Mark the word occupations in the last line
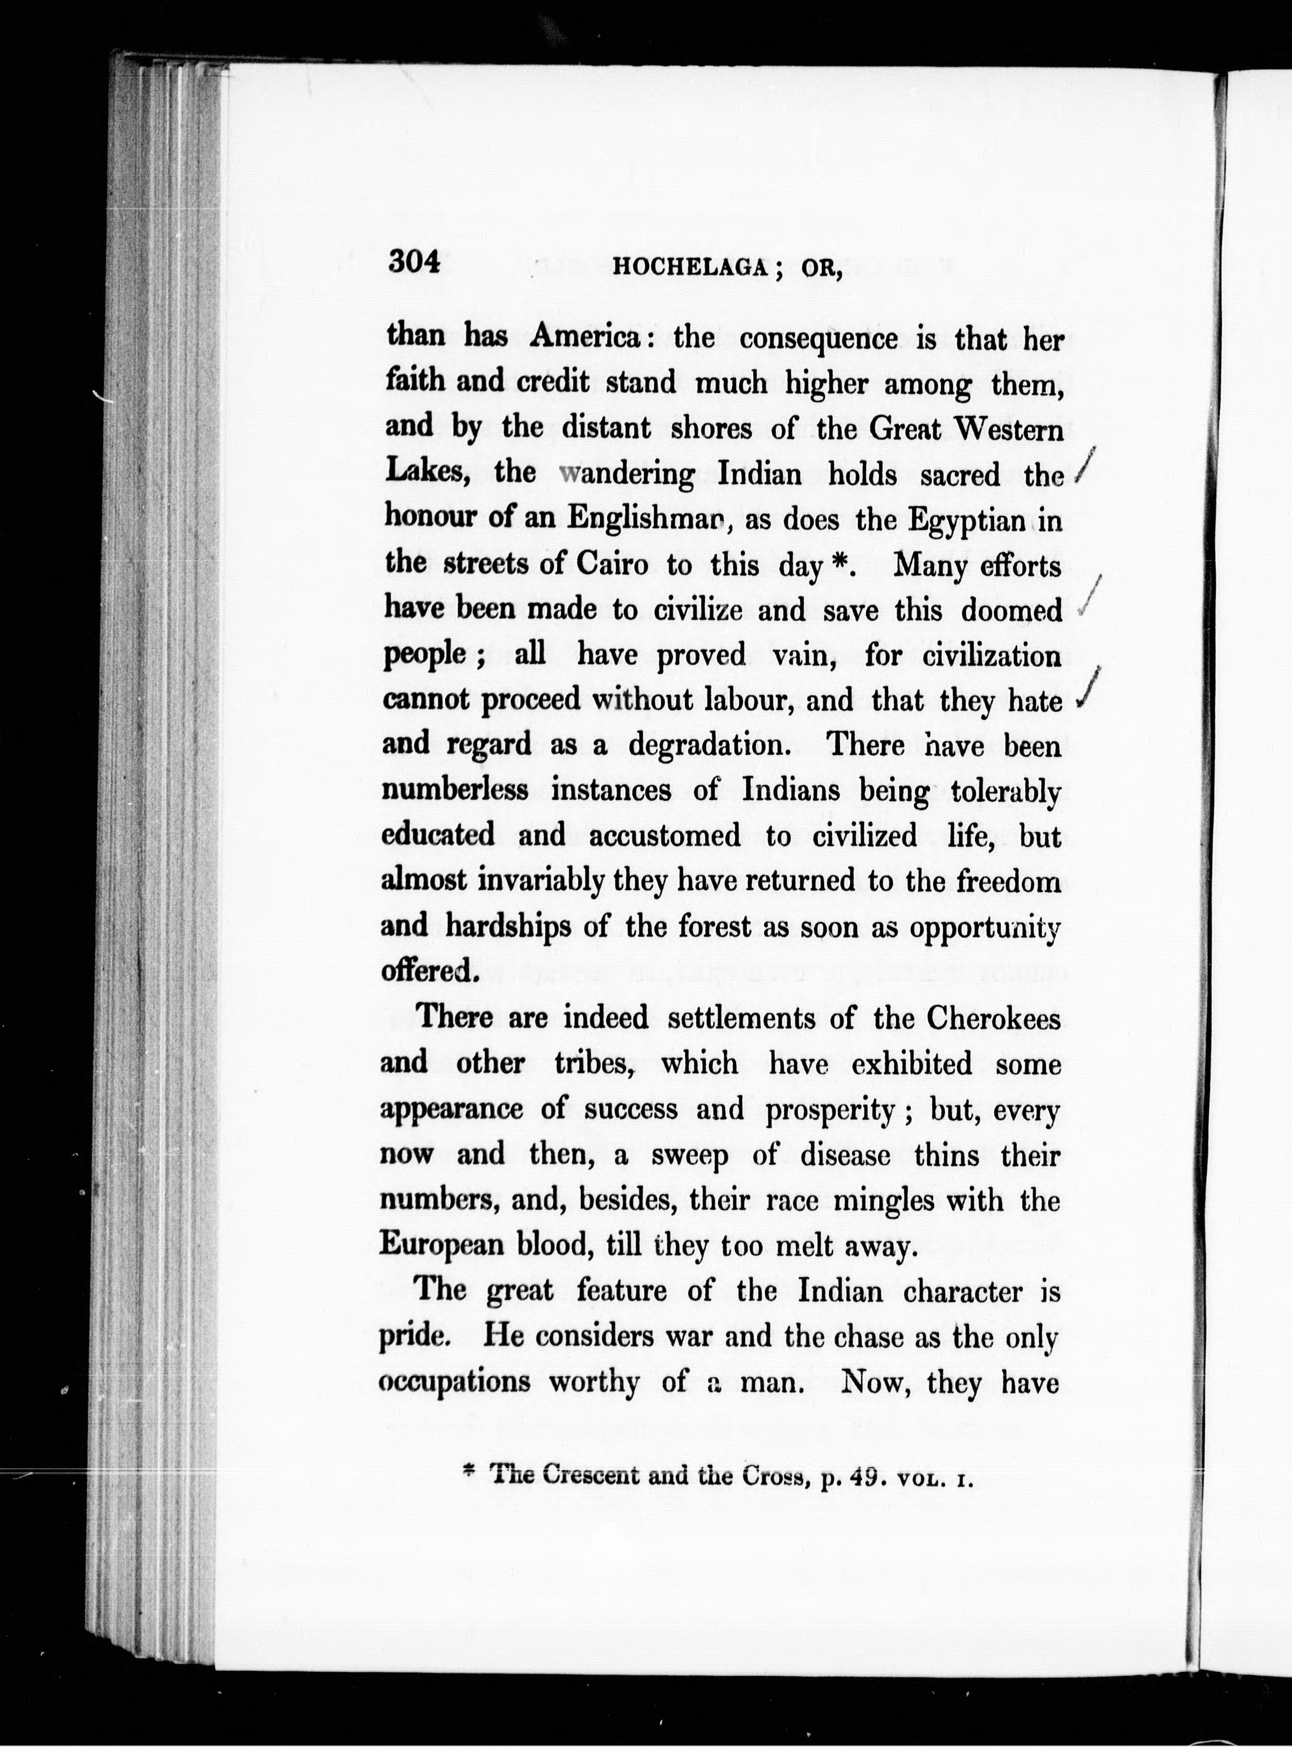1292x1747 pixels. [455, 1381]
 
